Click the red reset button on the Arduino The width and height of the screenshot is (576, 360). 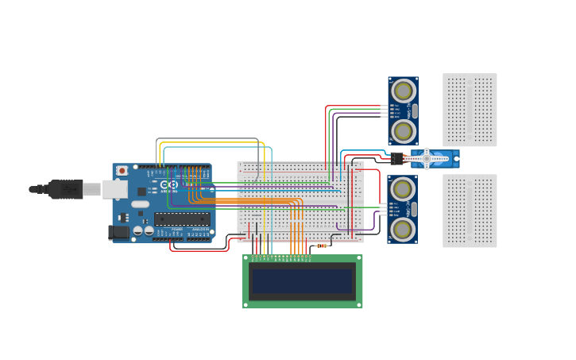click(x=122, y=170)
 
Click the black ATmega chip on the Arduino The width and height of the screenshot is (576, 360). click(x=182, y=219)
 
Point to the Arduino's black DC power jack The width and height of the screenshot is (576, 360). click(x=118, y=232)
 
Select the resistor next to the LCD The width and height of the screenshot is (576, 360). click(x=322, y=246)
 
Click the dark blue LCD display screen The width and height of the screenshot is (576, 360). click(x=302, y=281)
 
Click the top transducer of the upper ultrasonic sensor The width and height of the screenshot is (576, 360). click(x=403, y=91)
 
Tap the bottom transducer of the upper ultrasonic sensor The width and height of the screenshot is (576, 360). click(x=403, y=130)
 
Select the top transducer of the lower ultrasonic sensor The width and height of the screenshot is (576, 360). click(x=403, y=189)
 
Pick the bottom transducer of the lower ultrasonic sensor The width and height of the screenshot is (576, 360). click(x=403, y=229)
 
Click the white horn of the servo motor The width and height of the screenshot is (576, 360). click(x=427, y=159)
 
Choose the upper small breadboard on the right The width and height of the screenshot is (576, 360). click(x=470, y=110)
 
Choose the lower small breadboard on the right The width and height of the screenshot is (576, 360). click(x=470, y=211)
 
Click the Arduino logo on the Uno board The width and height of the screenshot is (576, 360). click(x=170, y=184)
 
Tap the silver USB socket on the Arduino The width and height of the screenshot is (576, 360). click(x=115, y=189)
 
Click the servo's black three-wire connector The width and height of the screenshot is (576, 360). click(x=397, y=158)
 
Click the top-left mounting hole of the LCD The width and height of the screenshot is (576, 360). click(x=246, y=258)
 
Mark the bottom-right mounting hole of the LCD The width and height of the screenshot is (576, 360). click(x=359, y=304)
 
